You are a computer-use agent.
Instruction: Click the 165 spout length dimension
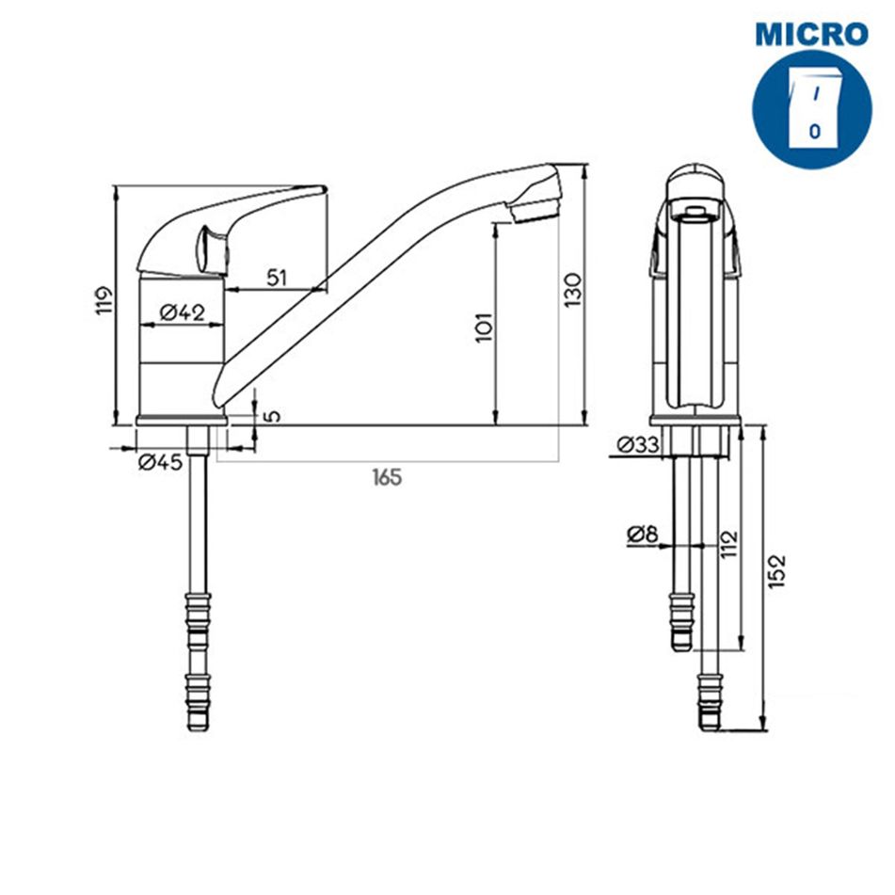(387, 476)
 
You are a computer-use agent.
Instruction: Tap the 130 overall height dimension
(572, 290)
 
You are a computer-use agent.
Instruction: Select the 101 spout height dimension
(484, 328)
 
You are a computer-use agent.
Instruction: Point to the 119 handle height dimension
(104, 300)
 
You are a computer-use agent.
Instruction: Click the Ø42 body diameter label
(182, 312)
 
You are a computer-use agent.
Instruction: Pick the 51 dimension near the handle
(277, 278)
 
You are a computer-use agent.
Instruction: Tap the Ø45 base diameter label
(160, 462)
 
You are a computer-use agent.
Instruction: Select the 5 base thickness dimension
(274, 415)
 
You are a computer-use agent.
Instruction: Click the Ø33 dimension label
(638, 444)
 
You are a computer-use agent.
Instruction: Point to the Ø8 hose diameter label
(643, 535)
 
